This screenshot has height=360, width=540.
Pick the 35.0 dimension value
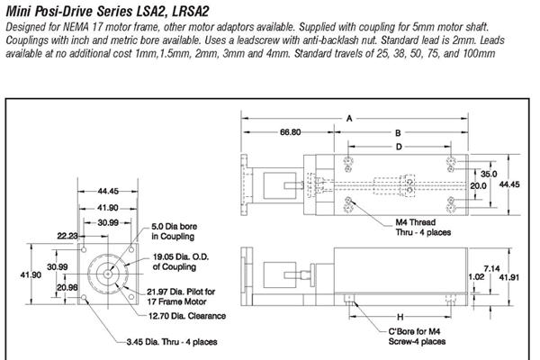coord(489,173)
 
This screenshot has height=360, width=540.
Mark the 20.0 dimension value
coord(478,185)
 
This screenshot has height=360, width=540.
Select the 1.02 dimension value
coord(477,278)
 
